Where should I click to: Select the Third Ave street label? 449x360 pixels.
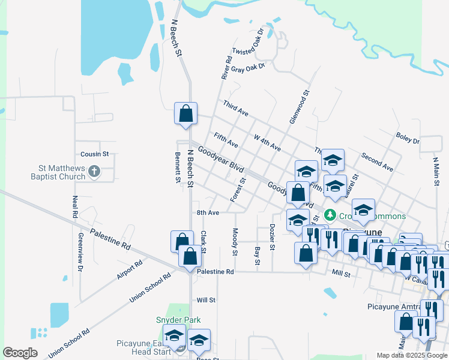pos(235,108)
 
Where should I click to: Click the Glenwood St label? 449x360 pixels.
pos(298,107)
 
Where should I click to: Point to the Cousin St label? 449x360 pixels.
pos(94,154)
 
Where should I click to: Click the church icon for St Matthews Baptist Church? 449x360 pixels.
pos(94,172)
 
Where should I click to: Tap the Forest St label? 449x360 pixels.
pos(238,189)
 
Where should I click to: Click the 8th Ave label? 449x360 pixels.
pos(208,212)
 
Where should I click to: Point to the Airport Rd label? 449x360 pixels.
pos(130,271)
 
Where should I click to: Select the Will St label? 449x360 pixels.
pos(206,299)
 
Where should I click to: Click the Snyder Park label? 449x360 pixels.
pos(178,320)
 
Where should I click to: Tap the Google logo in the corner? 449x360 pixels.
pos(20,353)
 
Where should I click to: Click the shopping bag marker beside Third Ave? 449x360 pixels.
pos(185,113)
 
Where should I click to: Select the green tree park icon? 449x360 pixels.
pos(329,215)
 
